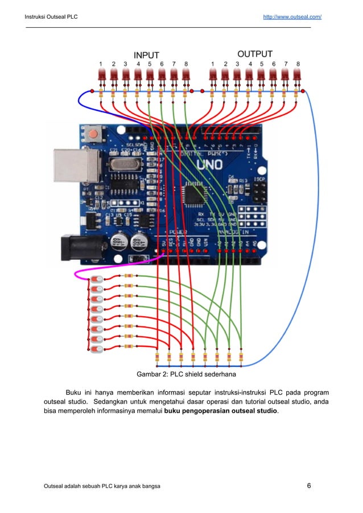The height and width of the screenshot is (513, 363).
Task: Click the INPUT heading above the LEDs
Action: (146, 55)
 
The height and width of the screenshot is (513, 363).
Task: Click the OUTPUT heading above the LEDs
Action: (254, 55)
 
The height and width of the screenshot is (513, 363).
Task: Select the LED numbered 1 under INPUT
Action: (101, 76)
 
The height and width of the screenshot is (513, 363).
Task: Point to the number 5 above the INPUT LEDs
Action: (150, 64)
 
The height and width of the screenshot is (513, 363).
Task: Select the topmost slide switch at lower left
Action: (97, 280)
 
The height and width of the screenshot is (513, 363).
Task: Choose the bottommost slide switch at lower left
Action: (97, 348)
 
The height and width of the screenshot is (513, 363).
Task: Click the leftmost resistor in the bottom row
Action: (157, 358)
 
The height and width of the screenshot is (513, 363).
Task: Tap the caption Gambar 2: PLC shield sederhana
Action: (186, 375)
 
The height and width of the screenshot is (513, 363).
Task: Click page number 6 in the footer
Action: (308, 486)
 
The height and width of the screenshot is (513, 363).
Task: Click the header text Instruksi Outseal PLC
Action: (51, 17)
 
